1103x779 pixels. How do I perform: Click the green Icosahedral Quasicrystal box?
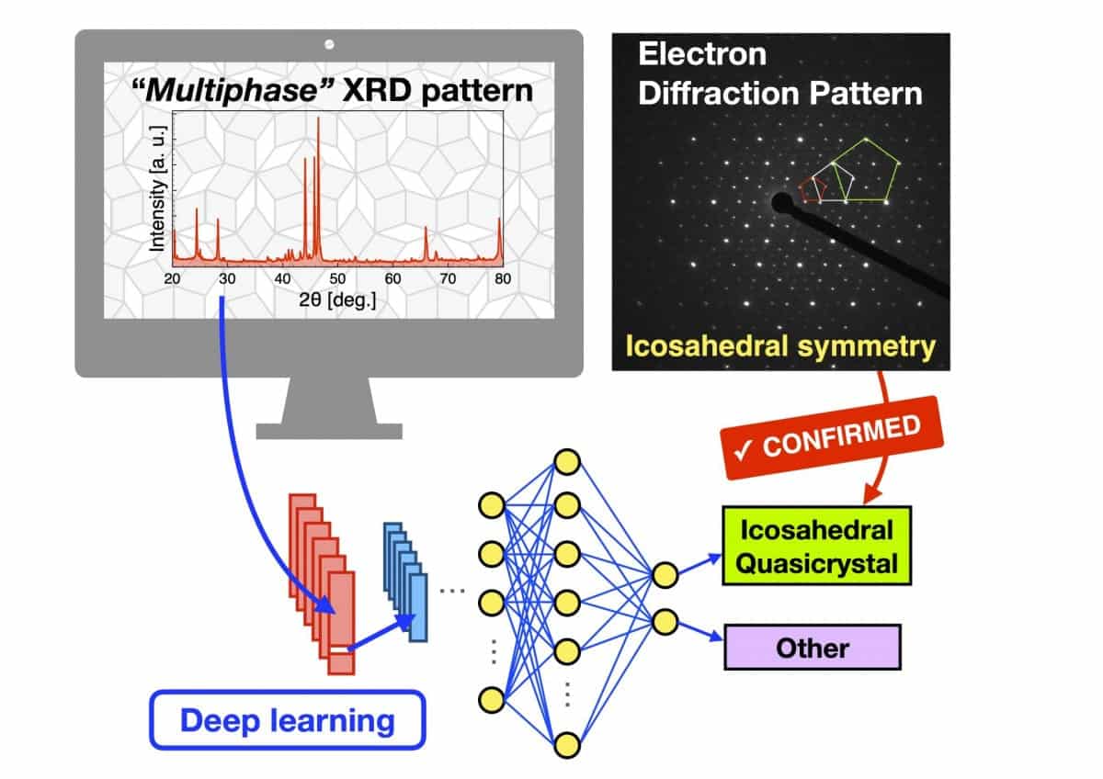(x=815, y=546)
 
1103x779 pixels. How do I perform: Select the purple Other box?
(x=813, y=648)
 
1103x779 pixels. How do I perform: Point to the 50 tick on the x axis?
(x=337, y=279)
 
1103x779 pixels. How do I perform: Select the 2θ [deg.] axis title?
(x=336, y=299)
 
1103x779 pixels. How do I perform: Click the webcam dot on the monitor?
(x=329, y=44)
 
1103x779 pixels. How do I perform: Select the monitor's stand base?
(x=329, y=430)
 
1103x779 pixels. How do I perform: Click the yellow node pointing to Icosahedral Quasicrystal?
(x=665, y=575)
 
